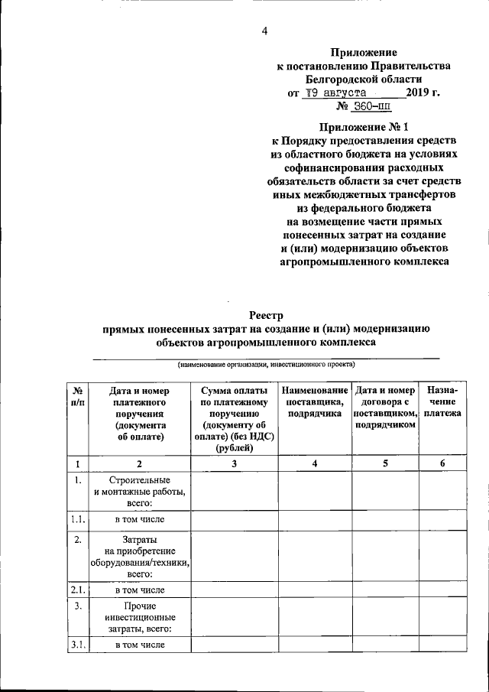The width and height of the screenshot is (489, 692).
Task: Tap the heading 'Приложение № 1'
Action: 363,128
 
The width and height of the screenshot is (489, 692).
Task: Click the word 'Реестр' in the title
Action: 266,314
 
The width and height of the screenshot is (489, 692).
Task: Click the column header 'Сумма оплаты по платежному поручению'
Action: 235,419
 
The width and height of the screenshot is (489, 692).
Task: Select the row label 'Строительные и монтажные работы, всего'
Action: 140,492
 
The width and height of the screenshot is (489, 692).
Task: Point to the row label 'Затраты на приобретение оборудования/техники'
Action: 140,556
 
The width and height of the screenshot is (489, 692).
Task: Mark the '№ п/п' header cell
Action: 78,396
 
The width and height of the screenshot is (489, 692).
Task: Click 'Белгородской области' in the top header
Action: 363,79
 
